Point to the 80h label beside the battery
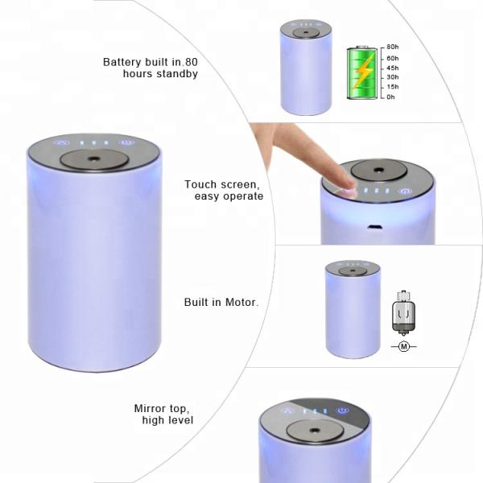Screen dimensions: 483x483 point(392,47)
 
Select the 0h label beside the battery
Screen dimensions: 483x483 point(390,97)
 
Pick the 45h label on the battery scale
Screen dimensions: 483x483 point(392,68)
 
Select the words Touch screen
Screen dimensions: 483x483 point(224,184)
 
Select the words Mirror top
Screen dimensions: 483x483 point(163,408)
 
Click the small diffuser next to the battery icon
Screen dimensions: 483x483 point(306,68)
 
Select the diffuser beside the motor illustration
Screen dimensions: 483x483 point(353,309)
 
